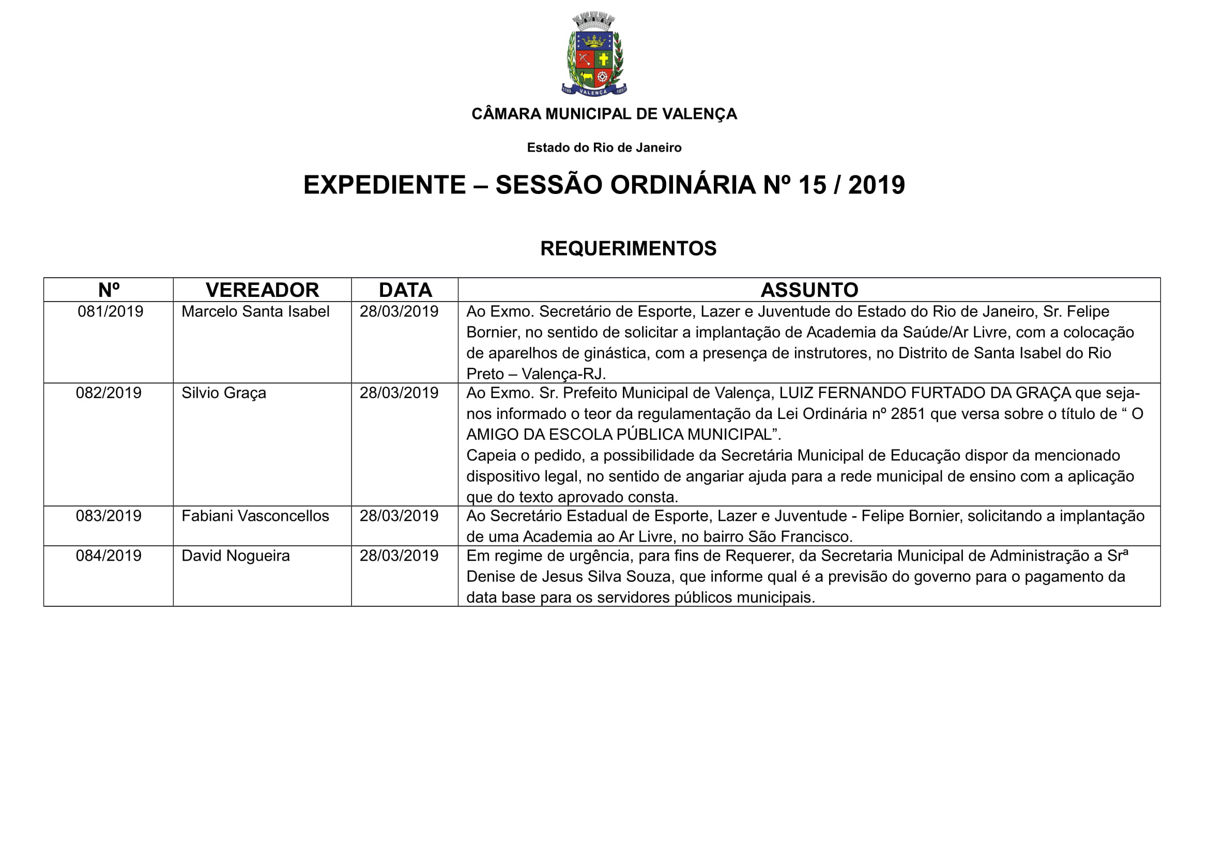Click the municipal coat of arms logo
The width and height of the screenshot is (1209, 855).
(x=594, y=54)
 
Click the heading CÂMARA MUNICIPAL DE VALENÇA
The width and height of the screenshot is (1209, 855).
(x=604, y=114)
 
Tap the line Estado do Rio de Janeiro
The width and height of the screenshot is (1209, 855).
(x=604, y=147)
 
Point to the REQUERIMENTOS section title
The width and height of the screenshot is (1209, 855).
(x=628, y=248)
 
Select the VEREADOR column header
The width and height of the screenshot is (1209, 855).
(x=262, y=290)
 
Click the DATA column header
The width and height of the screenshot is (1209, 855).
(x=405, y=290)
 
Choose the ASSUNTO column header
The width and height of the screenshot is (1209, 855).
(x=809, y=290)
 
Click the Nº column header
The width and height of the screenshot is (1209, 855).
(x=109, y=290)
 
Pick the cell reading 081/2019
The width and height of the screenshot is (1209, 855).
(x=110, y=311)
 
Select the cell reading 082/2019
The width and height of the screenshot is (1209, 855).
(x=109, y=393)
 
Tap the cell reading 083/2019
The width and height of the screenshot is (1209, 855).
(x=109, y=516)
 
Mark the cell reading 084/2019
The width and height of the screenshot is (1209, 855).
(x=109, y=556)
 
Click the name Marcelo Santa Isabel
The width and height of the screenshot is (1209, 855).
(x=255, y=311)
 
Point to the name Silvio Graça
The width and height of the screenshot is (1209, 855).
(x=224, y=393)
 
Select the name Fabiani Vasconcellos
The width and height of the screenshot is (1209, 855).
(x=255, y=516)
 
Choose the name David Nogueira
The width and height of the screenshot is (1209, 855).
(x=235, y=556)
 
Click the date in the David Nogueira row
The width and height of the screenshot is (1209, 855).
(x=399, y=556)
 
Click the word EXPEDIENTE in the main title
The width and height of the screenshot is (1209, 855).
(x=385, y=185)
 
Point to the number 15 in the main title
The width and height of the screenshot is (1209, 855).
(x=812, y=185)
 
